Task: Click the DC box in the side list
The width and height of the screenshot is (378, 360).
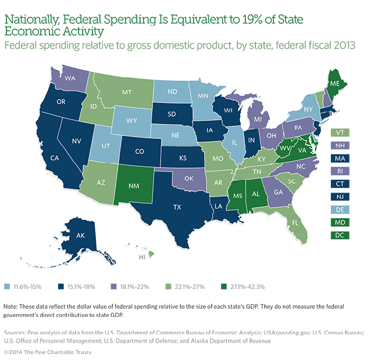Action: coord(339,235)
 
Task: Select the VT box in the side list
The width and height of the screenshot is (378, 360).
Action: coord(339,133)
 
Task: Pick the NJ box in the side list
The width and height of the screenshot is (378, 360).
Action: coord(339,196)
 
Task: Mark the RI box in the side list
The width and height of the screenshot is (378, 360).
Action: coord(339,170)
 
